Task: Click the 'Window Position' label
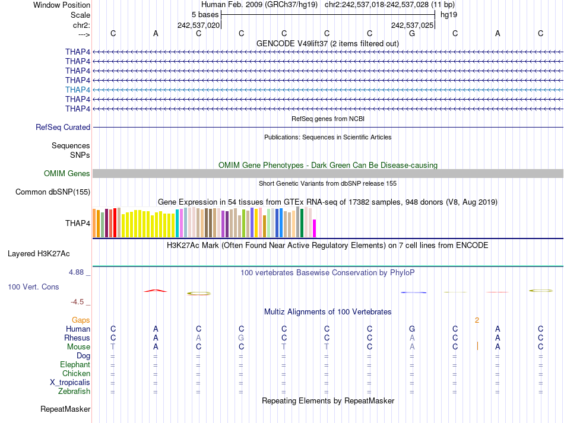[x=62, y=5]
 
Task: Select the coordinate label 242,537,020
[x=199, y=26]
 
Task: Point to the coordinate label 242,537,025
[x=412, y=26]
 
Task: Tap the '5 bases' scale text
[x=205, y=14]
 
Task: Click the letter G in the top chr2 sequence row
[x=412, y=33]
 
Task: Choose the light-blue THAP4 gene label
[x=78, y=90]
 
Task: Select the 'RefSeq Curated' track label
[x=63, y=127]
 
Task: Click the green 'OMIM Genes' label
[x=67, y=174]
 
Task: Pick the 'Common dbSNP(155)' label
[x=53, y=192]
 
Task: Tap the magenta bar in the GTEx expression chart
[x=315, y=228]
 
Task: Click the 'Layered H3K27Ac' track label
[x=39, y=254]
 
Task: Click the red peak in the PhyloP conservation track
[x=156, y=290]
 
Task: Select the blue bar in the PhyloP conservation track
[x=414, y=292]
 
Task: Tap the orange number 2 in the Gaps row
[x=477, y=320]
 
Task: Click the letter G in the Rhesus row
[x=241, y=338]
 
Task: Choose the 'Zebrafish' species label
[x=74, y=392]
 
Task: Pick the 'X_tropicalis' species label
[x=70, y=383]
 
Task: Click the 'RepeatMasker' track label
[x=65, y=409]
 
